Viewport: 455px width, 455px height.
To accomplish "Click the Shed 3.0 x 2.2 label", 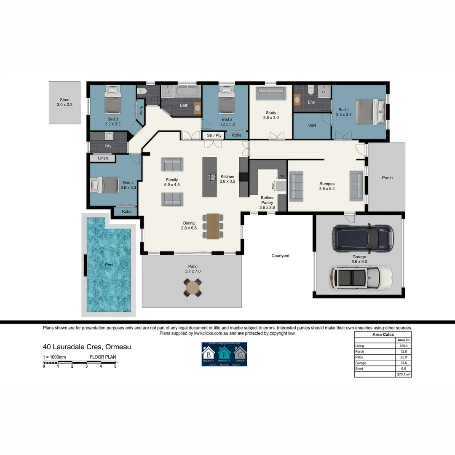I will tap(64, 102).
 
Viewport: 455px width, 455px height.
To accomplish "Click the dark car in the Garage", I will tap(363, 238).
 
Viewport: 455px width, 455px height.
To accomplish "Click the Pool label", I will tap(109, 265).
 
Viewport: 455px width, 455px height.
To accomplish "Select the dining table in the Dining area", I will tap(213, 226).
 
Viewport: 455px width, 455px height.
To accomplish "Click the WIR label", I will tap(312, 126).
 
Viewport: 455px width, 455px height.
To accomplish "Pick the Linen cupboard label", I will tap(103, 158).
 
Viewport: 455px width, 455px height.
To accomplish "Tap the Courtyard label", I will tap(280, 256).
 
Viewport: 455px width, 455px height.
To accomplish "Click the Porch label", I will tap(387, 178).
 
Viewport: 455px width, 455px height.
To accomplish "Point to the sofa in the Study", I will tap(271, 93).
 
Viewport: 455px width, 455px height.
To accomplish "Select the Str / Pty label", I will tap(214, 135).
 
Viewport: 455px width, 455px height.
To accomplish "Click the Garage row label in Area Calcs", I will tap(361, 363).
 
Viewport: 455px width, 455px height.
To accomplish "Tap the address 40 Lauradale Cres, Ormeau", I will tap(87, 347).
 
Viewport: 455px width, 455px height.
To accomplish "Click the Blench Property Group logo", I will tap(224, 354).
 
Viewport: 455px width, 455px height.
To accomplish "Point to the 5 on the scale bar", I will tap(115, 366).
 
